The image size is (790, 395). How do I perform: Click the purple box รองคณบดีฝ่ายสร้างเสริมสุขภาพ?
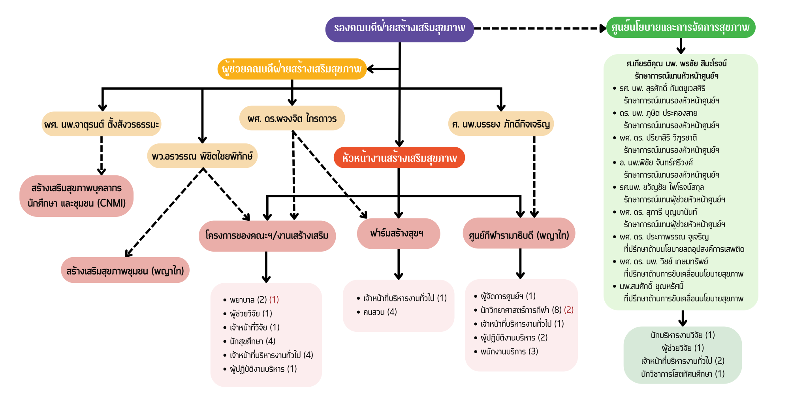click(x=399, y=29)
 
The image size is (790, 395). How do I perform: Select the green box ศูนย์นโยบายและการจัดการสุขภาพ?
click(x=680, y=28)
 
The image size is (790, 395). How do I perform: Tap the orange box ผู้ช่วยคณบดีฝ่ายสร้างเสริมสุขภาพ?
click(x=292, y=69)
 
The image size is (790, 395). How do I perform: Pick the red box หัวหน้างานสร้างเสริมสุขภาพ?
click(x=399, y=158)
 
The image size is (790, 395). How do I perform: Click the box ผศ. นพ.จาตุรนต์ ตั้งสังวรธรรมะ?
click(x=102, y=124)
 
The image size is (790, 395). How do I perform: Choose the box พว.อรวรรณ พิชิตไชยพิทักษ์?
click(x=202, y=156)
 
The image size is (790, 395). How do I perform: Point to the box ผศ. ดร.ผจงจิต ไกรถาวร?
click(x=292, y=118)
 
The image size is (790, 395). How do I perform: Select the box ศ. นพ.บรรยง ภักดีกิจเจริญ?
click(x=501, y=124)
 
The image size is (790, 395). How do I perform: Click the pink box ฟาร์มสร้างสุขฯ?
click(x=398, y=233)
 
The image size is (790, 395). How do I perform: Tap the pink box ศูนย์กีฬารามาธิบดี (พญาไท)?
click(x=519, y=235)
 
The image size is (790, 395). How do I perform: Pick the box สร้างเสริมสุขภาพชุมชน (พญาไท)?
click(x=125, y=271)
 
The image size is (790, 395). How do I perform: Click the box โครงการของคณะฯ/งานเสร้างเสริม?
click(x=267, y=236)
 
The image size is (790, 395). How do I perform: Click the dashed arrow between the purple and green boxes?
click(x=539, y=28)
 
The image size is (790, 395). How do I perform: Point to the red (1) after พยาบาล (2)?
click(x=274, y=300)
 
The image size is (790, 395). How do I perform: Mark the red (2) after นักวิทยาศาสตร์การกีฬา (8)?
click(x=569, y=310)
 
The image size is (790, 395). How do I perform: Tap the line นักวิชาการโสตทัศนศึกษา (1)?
click(x=683, y=374)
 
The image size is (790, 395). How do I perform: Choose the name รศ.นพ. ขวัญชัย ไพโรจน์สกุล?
click(x=662, y=187)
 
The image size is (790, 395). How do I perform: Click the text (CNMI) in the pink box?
click(x=111, y=203)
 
